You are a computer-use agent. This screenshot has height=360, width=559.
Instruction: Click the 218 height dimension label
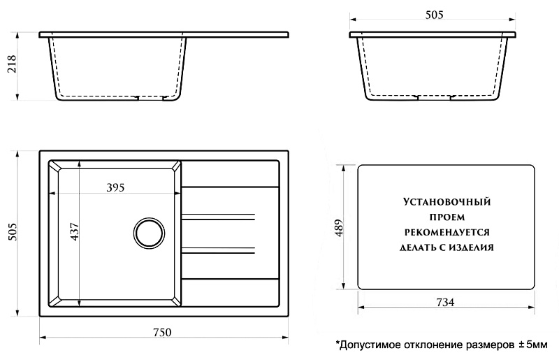click(12, 64)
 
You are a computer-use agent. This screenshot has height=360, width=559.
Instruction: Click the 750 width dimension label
click(162, 332)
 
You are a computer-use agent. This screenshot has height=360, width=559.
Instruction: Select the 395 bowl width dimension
click(115, 187)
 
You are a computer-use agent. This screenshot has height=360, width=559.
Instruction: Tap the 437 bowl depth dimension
click(75, 231)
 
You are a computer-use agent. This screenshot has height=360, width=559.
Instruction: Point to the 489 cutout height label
click(338, 227)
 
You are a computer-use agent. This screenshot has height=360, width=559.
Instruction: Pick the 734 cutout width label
click(445, 302)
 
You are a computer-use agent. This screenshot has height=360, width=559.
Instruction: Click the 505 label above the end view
click(434, 15)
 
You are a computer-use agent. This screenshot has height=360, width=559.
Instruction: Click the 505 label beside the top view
click(12, 232)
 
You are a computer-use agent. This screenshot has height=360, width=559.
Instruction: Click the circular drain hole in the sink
click(150, 233)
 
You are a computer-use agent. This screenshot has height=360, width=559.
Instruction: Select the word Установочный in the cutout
click(447, 202)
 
